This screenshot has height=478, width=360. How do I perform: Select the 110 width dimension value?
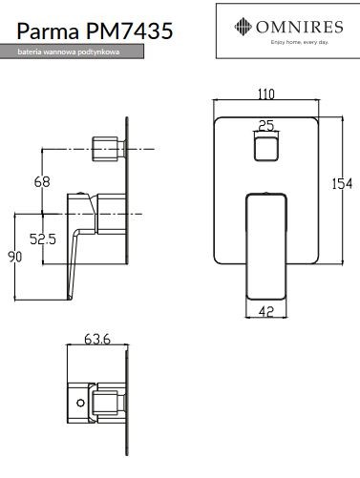coord(265,94)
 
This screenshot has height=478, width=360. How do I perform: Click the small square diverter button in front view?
coord(266,148)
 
